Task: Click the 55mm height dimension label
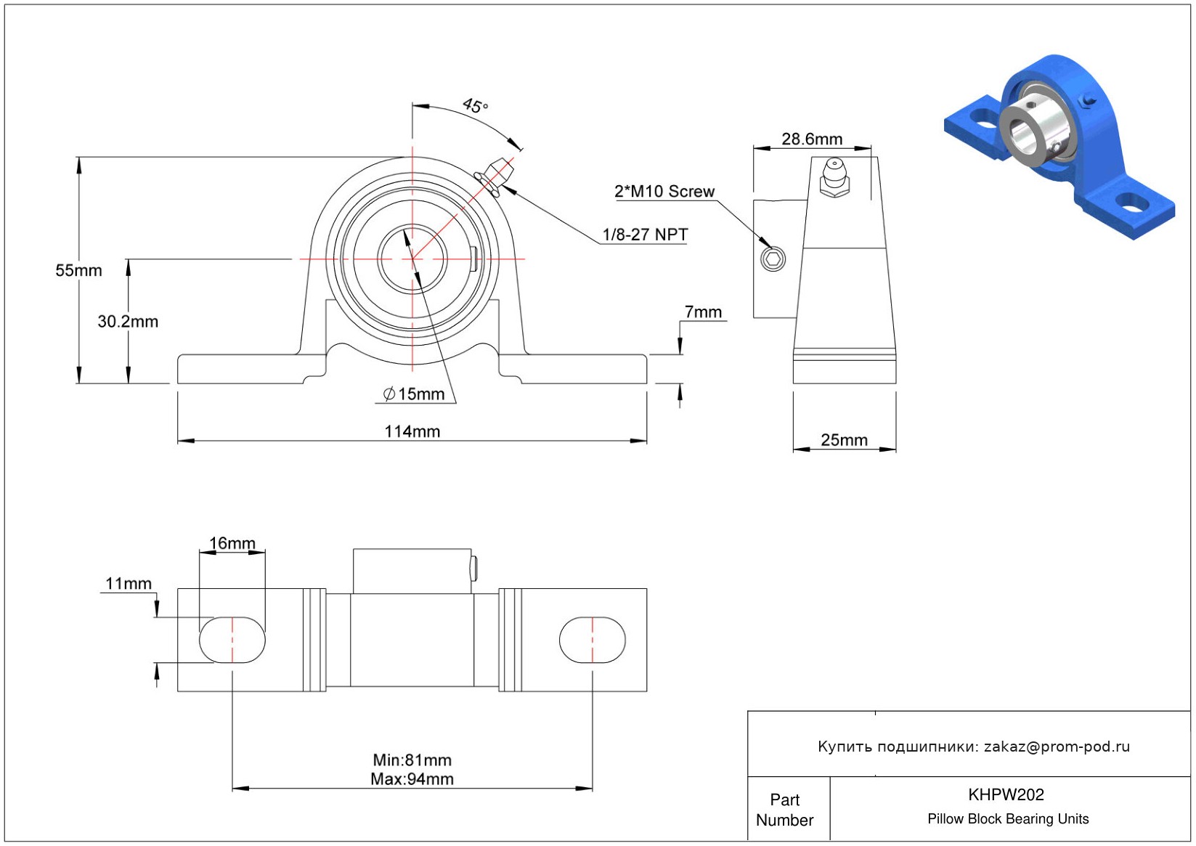point(78,271)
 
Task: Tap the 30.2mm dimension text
point(128,322)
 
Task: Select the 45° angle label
point(476,106)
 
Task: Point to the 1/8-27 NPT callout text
point(645,235)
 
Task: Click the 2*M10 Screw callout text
point(664,192)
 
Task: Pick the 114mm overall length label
point(412,432)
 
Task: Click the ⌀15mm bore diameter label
point(414,394)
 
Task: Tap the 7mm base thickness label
point(703,312)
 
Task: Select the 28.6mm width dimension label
point(812,139)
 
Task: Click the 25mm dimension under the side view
point(844,440)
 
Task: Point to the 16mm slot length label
point(232,543)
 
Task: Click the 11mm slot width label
point(129,584)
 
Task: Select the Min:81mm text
point(412,760)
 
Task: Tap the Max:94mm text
point(412,779)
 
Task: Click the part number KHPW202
point(1006,794)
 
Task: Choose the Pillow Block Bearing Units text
point(1008,819)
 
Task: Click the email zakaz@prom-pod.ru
point(1057,747)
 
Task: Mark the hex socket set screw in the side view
point(773,259)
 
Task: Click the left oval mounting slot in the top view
point(232,640)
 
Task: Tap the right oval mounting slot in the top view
point(592,640)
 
